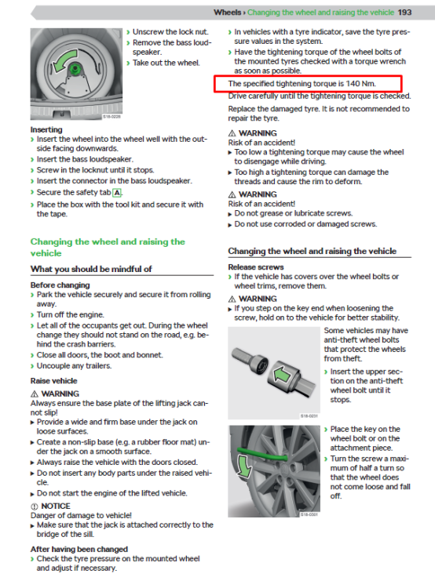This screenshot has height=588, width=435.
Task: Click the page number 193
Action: click(405, 13)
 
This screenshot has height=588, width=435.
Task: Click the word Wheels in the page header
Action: click(228, 13)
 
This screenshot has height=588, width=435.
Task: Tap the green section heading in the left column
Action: click(108, 247)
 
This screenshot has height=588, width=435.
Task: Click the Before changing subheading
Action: click(60, 285)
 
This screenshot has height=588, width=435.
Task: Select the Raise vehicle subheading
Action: click(53, 380)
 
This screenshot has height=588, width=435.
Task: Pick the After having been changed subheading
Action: click(79, 549)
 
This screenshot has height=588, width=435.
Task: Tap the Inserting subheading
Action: click(46, 129)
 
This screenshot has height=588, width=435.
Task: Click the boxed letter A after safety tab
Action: click(117, 192)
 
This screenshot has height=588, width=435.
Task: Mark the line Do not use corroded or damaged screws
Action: click(305, 224)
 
